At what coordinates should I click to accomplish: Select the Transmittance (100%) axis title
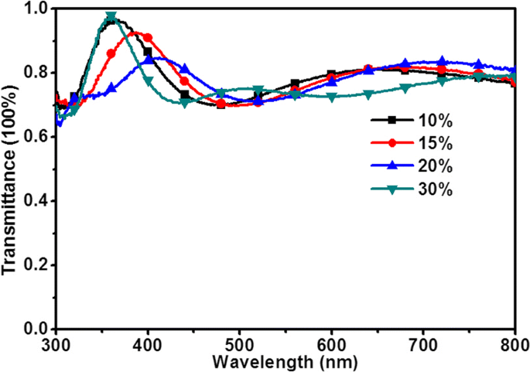(x=11, y=169)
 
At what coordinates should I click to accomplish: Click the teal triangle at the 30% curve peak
(x=111, y=16)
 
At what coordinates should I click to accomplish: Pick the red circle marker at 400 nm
(x=148, y=37)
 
